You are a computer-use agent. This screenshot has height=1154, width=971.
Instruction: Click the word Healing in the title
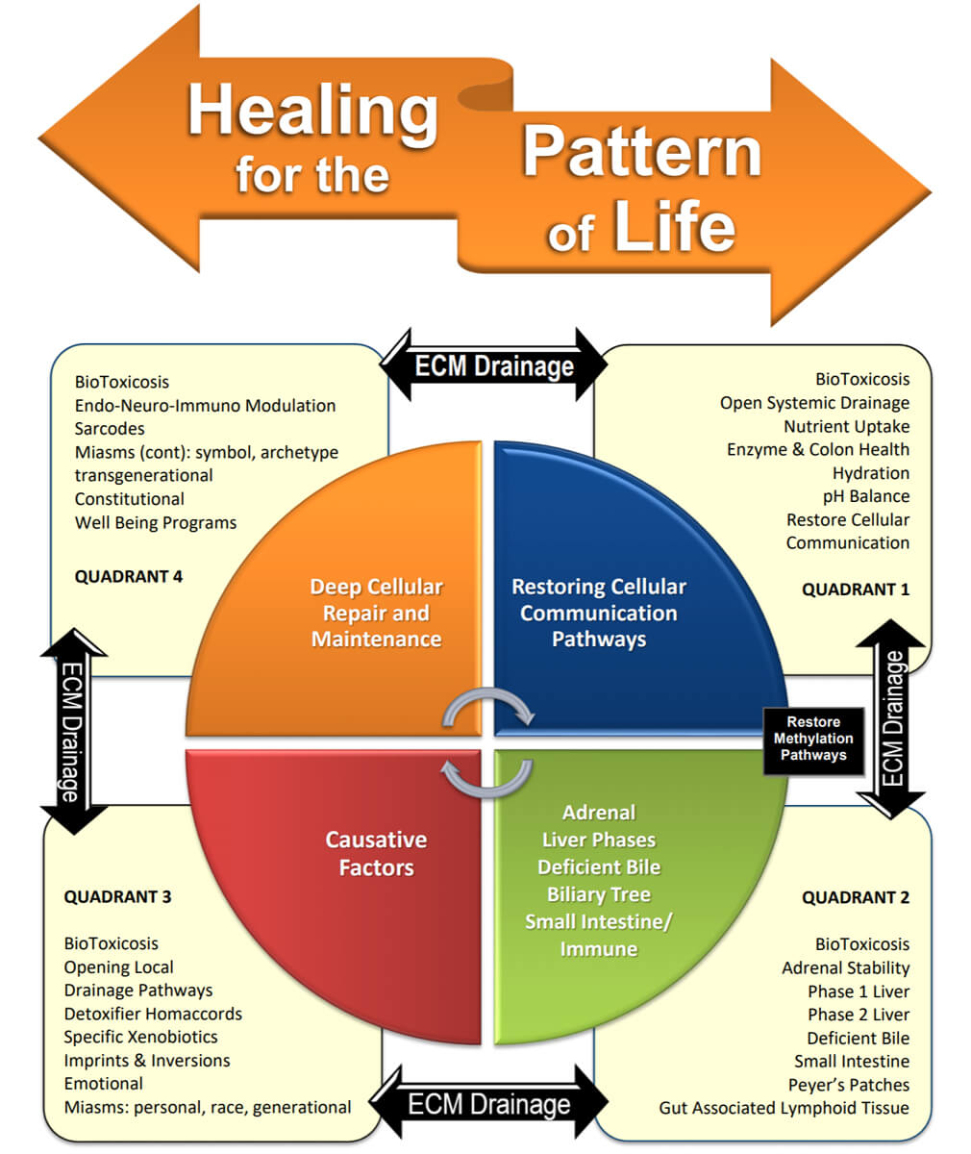311,110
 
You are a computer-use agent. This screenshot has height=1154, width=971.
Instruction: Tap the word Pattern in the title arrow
641,151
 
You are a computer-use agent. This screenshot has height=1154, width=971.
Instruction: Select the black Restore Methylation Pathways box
813,739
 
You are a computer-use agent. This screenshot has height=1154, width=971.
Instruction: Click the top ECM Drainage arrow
494,365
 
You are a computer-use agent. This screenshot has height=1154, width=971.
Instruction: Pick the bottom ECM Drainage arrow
489,1103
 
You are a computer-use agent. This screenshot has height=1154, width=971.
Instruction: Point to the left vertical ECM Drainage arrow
73,731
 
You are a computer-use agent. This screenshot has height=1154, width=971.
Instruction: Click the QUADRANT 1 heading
856,590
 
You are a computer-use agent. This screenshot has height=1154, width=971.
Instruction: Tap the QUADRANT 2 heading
856,897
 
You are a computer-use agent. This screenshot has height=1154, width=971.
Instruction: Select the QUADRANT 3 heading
117,897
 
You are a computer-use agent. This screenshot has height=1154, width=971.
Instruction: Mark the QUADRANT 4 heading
128,577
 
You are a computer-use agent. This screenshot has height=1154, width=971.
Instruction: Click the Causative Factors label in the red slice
376,853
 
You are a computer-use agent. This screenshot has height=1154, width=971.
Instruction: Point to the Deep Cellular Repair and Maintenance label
376,613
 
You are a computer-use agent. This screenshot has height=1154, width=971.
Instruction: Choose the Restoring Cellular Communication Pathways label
599,613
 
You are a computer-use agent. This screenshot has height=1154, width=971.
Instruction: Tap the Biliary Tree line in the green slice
599,894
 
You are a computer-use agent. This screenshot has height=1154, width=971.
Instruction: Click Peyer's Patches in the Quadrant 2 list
849,1085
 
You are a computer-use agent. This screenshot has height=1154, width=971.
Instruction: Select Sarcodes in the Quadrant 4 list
110,429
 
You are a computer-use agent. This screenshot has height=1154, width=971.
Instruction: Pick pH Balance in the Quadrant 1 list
866,496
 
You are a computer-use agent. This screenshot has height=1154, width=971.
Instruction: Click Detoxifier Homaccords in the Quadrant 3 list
153,1014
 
